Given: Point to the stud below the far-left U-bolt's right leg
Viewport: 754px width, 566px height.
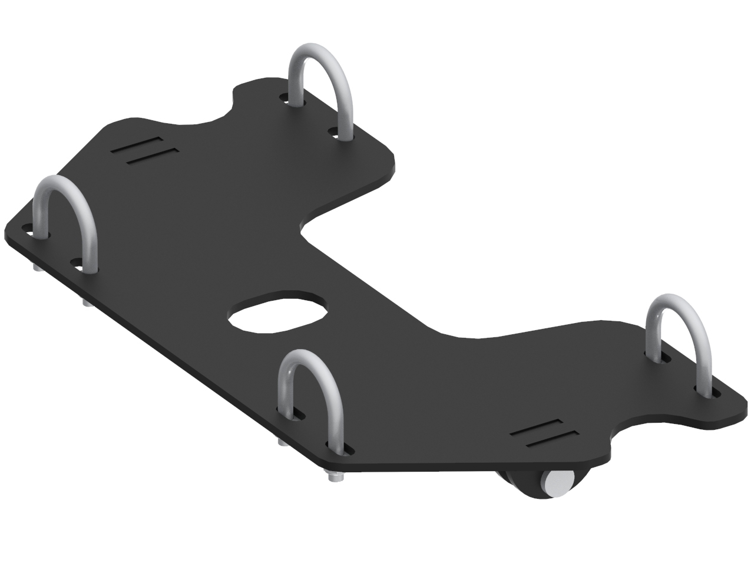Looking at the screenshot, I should click(86, 302).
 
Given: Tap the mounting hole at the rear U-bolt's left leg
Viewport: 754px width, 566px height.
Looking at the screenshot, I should click(286, 97).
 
